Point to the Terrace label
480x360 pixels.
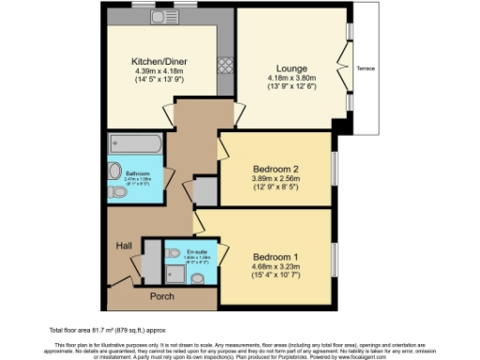tap(365, 67)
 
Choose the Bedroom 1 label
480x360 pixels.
tap(276, 256)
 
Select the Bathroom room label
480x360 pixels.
tap(139, 173)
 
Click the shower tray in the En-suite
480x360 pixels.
tap(174, 272)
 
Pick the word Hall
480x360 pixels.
tap(124, 245)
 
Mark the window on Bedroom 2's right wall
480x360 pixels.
tap(333, 170)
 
